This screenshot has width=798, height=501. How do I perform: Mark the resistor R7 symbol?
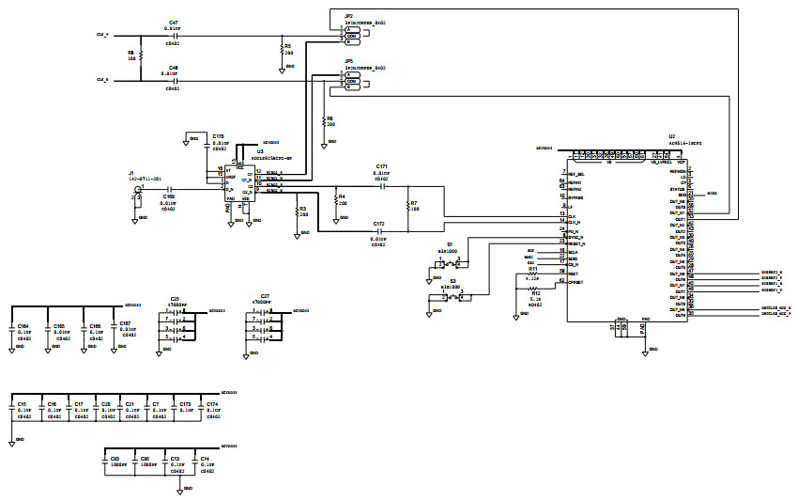(408, 207)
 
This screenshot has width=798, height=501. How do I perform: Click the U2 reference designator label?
(672, 136)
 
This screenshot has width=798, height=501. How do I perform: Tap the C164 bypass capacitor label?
(23, 325)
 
